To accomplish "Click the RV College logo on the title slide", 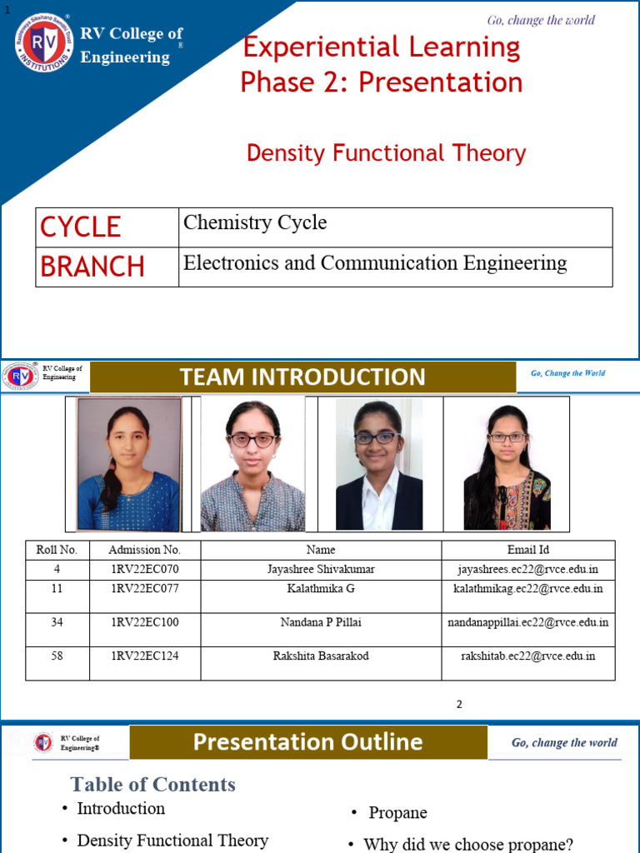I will tap(43, 42).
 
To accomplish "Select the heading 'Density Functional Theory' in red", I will tap(386, 153).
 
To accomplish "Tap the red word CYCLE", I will tap(81, 227).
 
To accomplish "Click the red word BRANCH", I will tap(92, 267).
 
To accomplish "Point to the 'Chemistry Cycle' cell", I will tap(255, 222).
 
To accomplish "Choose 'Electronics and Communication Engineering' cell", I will tap(375, 263).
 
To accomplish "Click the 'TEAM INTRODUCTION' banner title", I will tap(302, 377).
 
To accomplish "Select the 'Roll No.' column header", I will tap(57, 550).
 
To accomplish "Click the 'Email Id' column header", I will tap(528, 550).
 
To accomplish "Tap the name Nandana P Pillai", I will tap(321, 622).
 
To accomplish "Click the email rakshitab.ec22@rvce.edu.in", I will tap(528, 656).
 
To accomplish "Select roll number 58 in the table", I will tap(57, 656).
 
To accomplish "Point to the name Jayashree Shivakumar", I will tap(321, 569).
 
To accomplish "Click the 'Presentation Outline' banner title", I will tap(307, 742).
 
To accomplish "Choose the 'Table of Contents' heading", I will tap(153, 785).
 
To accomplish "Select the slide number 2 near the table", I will tap(459, 705).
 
